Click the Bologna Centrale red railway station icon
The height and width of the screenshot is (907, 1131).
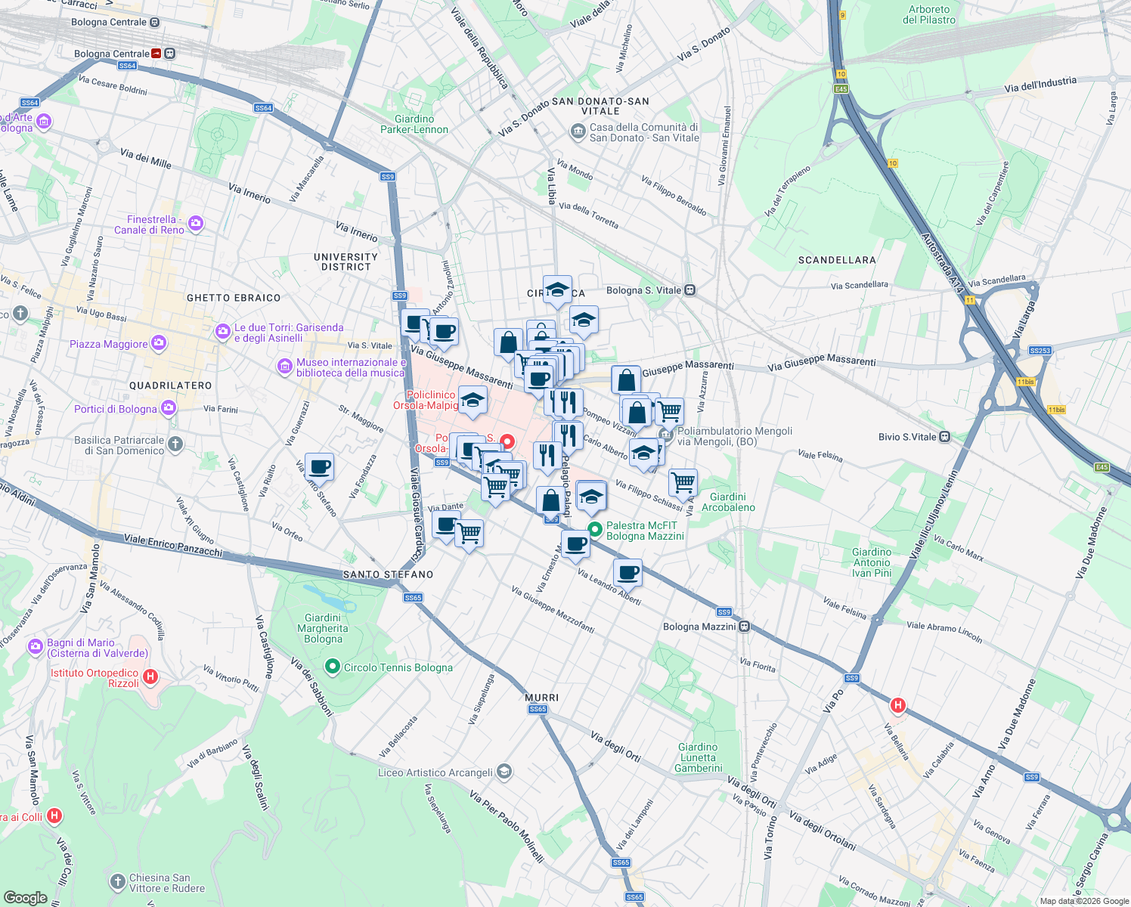coord(156,54)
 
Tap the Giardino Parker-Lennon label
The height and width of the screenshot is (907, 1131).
coord(414,125)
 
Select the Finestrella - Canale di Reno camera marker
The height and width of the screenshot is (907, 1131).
coord(197,223)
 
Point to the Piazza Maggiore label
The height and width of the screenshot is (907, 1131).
coord(109,344)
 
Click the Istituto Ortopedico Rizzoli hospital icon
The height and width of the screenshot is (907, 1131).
coord(150,676)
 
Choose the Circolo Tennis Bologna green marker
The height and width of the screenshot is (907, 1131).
coord(332,667)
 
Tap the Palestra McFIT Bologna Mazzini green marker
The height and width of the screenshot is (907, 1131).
coord(595,530)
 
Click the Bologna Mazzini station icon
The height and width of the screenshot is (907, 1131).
coord(745,627)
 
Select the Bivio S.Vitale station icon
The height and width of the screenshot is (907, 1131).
coord(944,437)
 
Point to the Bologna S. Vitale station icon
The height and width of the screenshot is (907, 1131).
coord(689,290)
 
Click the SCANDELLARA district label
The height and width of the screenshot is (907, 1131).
coord(837,260)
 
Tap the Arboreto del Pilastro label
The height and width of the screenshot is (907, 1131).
coord(929,15)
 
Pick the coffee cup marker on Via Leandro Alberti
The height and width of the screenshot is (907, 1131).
coord(627,573)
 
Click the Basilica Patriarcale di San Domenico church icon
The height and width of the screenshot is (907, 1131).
coord(175,444)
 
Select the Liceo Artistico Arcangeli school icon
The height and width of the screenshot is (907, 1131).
coord(504,772)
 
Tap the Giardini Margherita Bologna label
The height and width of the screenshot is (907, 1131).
coord(323,628)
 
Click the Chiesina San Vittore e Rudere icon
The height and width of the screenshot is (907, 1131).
coord(117,881)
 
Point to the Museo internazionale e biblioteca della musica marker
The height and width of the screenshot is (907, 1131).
coord(285,367)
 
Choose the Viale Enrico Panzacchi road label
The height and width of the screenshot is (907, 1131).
coord(173,546)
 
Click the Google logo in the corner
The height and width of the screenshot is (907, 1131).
coord(25,897)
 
